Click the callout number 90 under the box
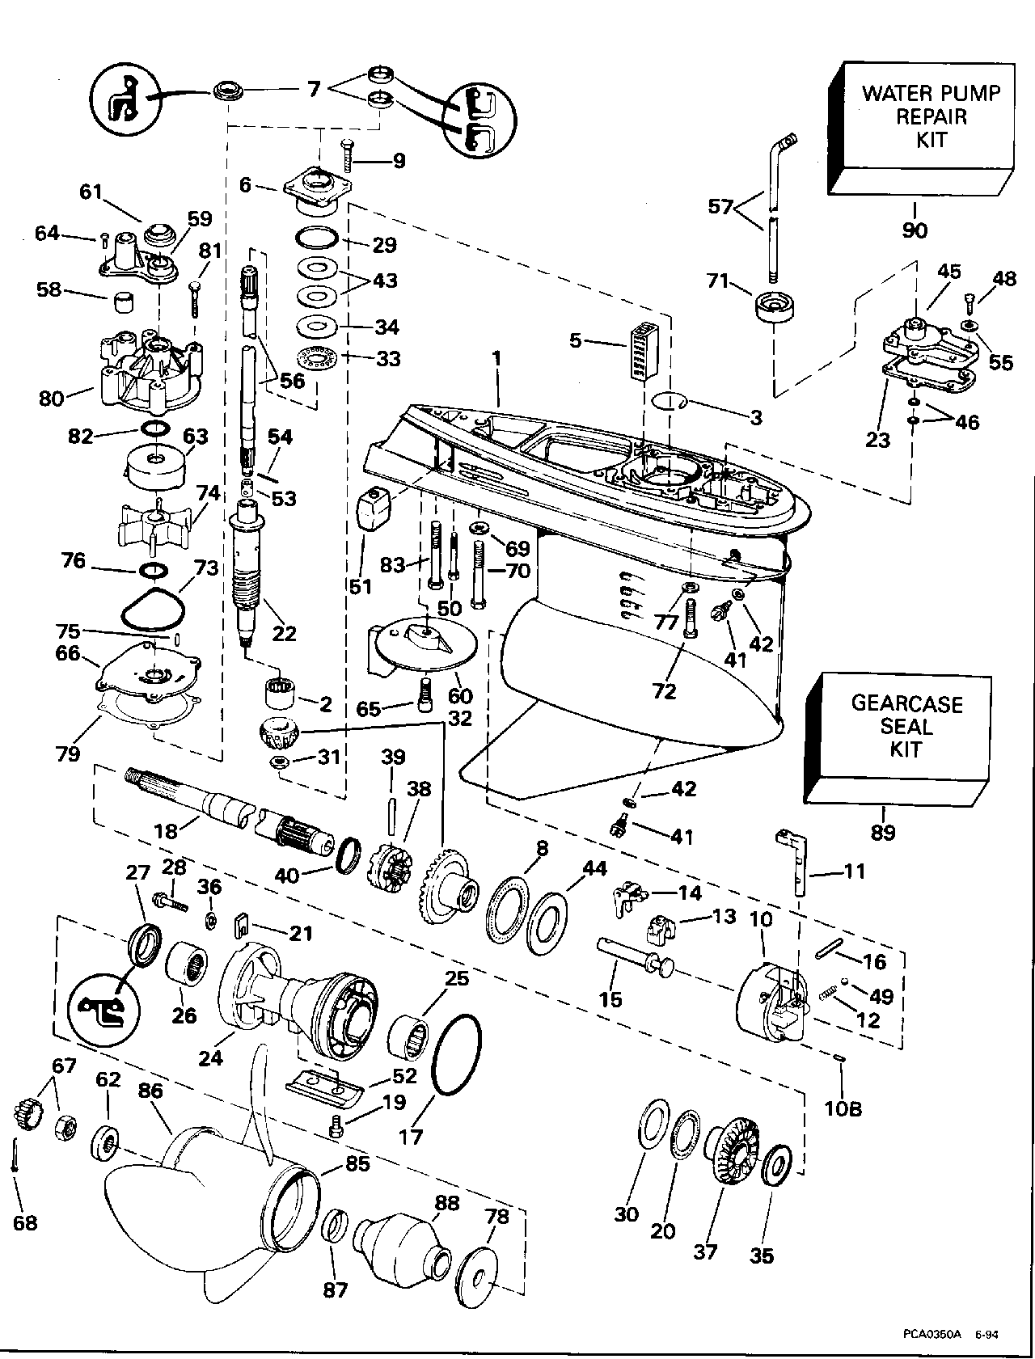click(x=915, y=230)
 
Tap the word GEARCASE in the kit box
click(x=906, y=703)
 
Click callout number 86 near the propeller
click(x=150, y=1091)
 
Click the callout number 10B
click(x=843, y=1109)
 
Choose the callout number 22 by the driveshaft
click(x=285, y=633)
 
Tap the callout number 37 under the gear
click(x=706, y=1254)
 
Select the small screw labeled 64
click(x=105, y=237)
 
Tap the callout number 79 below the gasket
click(x=68, y=753)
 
